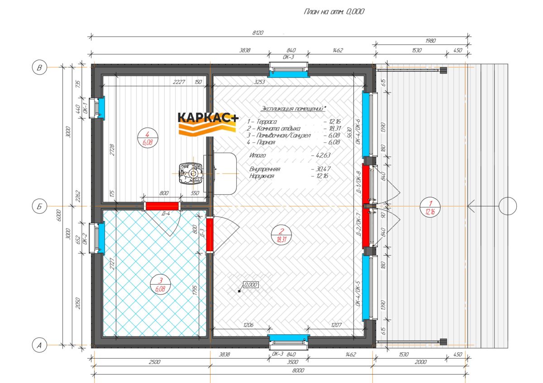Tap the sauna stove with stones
[x=191, y=173]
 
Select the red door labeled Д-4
[x=162, y=206]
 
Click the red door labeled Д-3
[x=210, y=235]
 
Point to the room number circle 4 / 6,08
[x=148, y=138]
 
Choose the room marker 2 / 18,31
[x=281, y=235]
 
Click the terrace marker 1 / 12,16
[x=430, y=208]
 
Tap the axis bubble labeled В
[x=39, y=67]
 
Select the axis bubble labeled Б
[x=39, y=206]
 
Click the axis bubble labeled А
[x=39, y=345]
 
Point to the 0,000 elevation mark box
[x=251, y=285]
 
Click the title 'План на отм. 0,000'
[x=334, y=12]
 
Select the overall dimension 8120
[x=257, y=33]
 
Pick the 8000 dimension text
[x=298, y=370]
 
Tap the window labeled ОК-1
[x=97, y=108]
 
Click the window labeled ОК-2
[x=97, y=238]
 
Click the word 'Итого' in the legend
[x=257, y=155]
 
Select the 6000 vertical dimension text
[x=59, y=215]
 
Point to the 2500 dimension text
[x=155, y=362]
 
